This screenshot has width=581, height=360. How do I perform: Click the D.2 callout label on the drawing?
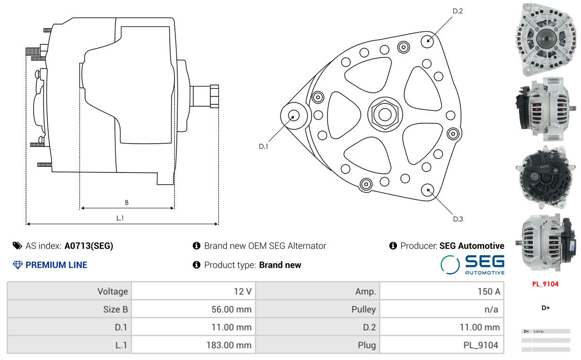[458, 11]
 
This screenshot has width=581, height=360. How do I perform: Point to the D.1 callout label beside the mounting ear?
[263, 146]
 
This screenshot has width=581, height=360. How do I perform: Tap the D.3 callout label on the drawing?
[458, 219]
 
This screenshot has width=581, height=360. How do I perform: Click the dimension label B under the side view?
[127, 202]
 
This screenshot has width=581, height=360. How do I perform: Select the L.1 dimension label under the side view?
[120, 218]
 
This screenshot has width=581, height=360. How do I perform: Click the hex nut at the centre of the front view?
[385, 114]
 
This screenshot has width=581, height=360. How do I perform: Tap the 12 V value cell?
[243, 291]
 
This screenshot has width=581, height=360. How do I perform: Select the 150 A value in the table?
[489, 291]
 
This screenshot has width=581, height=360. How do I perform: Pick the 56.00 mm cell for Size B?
[231, 309]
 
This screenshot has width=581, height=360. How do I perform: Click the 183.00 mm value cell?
[229, 345]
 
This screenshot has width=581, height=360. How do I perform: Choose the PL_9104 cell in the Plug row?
[481, 345]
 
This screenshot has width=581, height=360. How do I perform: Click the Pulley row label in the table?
[364, 309]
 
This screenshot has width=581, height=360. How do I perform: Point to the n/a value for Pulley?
[491, 309]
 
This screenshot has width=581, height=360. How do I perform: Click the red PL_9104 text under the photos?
[545, 284]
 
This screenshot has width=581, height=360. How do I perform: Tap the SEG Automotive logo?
[472, 265]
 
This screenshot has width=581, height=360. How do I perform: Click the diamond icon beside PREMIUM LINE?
[17, 265]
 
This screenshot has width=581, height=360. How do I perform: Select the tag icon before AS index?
[17, 246]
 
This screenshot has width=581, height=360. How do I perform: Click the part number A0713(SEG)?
[89, 246]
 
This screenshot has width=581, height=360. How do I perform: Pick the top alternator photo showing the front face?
[546, 39]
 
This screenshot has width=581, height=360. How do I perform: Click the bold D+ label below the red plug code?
[546, 308]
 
